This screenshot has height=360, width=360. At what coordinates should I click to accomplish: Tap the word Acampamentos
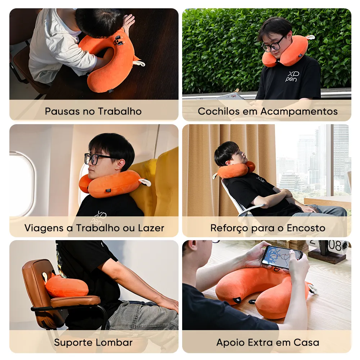tap(299, 112)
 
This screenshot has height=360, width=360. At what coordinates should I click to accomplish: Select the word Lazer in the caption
tap(151, 228)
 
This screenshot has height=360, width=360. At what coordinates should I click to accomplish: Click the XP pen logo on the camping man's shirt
tap(292, 76)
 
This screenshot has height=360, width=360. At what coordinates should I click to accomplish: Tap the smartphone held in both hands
tap(282, 257)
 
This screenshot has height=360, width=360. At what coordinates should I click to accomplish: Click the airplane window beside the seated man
tap(22, 184)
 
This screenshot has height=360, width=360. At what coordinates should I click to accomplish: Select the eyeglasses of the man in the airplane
tap(96, 158)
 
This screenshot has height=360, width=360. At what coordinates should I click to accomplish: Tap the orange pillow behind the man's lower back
tap(66, 286)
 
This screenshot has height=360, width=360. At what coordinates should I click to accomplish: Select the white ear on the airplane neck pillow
tap(145, 183)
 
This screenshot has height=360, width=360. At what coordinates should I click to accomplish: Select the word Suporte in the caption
tap(73, 343)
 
